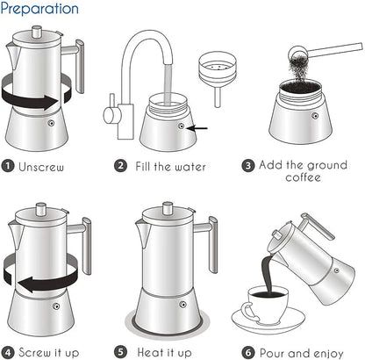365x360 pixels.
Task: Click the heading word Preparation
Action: point(39,10)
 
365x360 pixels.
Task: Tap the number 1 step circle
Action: point(8,164)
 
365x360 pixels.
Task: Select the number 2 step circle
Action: point(120,164)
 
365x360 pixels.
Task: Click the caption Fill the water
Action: point(172,164)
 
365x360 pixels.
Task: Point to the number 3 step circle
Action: point(248,164)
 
